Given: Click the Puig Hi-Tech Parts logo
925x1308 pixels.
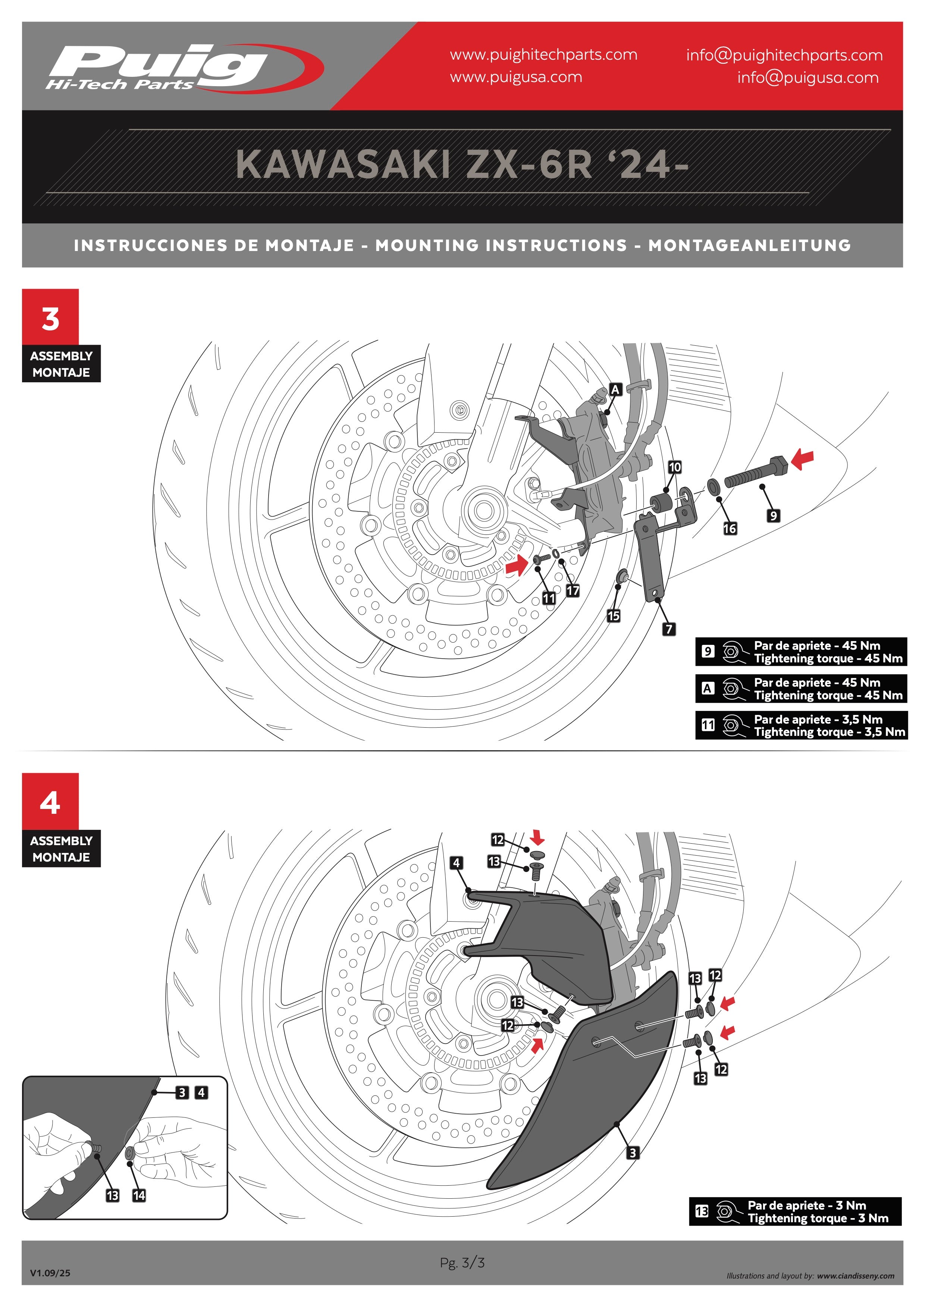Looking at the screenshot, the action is point(184,67).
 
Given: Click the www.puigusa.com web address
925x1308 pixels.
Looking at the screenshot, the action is point(516,77).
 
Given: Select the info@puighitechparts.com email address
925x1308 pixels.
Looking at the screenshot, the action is point(784,55).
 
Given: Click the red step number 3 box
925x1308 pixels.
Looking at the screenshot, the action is point(50,317).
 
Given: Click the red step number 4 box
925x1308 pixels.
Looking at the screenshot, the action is point(50,802).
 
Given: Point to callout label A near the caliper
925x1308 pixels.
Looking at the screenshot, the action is point(615,390).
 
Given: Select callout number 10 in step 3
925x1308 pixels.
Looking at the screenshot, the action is point(674,467).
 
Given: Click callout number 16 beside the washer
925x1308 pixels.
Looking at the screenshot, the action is point(730,528).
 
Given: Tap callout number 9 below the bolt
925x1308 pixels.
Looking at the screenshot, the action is point(773,515).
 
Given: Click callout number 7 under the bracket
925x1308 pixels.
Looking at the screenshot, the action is point(669,629).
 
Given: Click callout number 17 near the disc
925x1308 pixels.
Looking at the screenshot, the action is point(573,591).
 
